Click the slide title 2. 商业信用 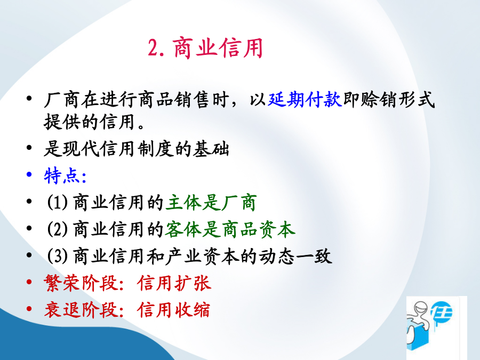pos(205,48)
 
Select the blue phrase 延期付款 pos(305,100)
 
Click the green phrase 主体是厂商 pos(211,202)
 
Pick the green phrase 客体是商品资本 pos(230,229)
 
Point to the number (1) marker pos(57,202)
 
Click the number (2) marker pos(57,229)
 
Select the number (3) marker pos(57,256)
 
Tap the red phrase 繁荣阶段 pos(81,283)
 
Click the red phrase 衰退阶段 pos(81,309)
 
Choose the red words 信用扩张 pos(174,283)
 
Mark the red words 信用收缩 pos(174,309)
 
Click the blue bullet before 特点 pos(29,174)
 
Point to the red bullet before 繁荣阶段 pos(29,282)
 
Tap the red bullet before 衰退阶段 pos(29,309)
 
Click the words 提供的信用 pos(90,122)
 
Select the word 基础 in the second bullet pos(211,149)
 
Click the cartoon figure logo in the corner pos(436,327)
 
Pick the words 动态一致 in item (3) pos(295,256)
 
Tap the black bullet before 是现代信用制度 pos(29,148)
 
